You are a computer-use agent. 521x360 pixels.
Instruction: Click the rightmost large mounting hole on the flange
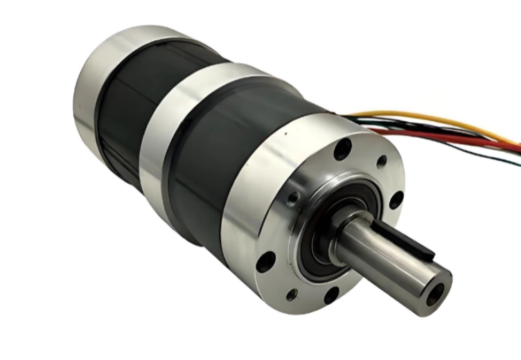(x=396, y=200)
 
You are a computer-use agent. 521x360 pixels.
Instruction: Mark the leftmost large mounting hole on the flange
(x=265, y=262)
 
